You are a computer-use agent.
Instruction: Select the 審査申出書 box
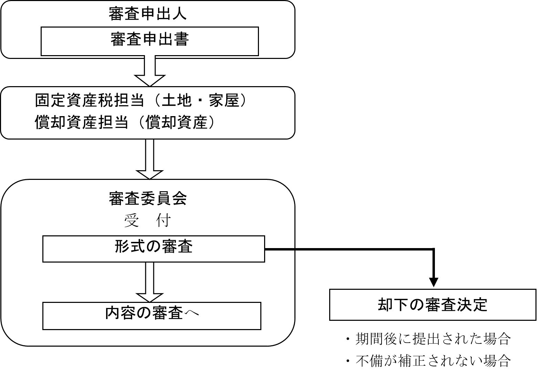[149, 41]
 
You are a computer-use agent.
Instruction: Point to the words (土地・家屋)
[199, 101]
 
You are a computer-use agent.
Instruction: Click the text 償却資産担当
[82, 122]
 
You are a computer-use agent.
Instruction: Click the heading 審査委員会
[148, 198]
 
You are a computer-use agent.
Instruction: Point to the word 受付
[148, 221]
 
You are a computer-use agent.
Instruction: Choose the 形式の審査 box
[154, 248]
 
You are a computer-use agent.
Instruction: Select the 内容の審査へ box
[152, 316]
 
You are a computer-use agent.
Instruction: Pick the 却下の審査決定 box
[432, 305]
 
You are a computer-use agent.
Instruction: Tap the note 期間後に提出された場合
[432, 339]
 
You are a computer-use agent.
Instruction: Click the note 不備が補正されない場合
[432, 360]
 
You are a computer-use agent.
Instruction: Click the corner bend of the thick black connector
[434, 249]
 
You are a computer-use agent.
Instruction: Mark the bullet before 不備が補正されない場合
[348, 361]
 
